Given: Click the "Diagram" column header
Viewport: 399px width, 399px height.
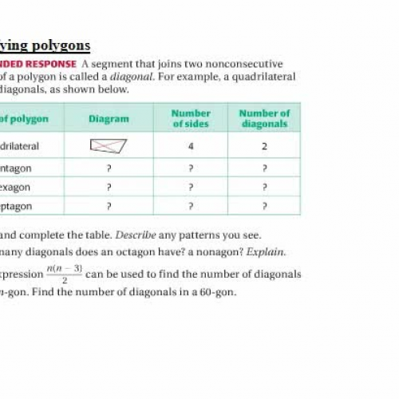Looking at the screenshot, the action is click(x=109, y=119).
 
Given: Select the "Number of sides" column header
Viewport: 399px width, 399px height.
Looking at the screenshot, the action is click(x=191, y=119).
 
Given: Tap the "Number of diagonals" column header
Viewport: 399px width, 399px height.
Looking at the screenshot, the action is click(x=264, y=119).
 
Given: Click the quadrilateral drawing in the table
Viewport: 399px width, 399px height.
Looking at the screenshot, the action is click(x=109, y=146).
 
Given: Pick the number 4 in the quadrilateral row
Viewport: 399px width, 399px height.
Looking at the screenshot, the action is click(x=191, y=147).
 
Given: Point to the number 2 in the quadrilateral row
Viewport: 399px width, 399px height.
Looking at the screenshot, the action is click(x=264, y=147).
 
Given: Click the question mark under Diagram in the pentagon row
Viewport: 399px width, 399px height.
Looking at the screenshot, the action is click(x=109, y=168).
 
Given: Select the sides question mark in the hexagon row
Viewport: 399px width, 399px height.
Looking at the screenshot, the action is click(x=191, y=187).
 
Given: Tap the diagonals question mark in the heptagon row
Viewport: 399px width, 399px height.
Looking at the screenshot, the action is click(x=264, y=206).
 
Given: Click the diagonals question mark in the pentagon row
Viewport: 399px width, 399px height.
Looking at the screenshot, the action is click(x=264, y=168).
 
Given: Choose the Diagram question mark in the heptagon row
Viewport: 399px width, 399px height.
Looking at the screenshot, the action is click(x=109, y=206).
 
